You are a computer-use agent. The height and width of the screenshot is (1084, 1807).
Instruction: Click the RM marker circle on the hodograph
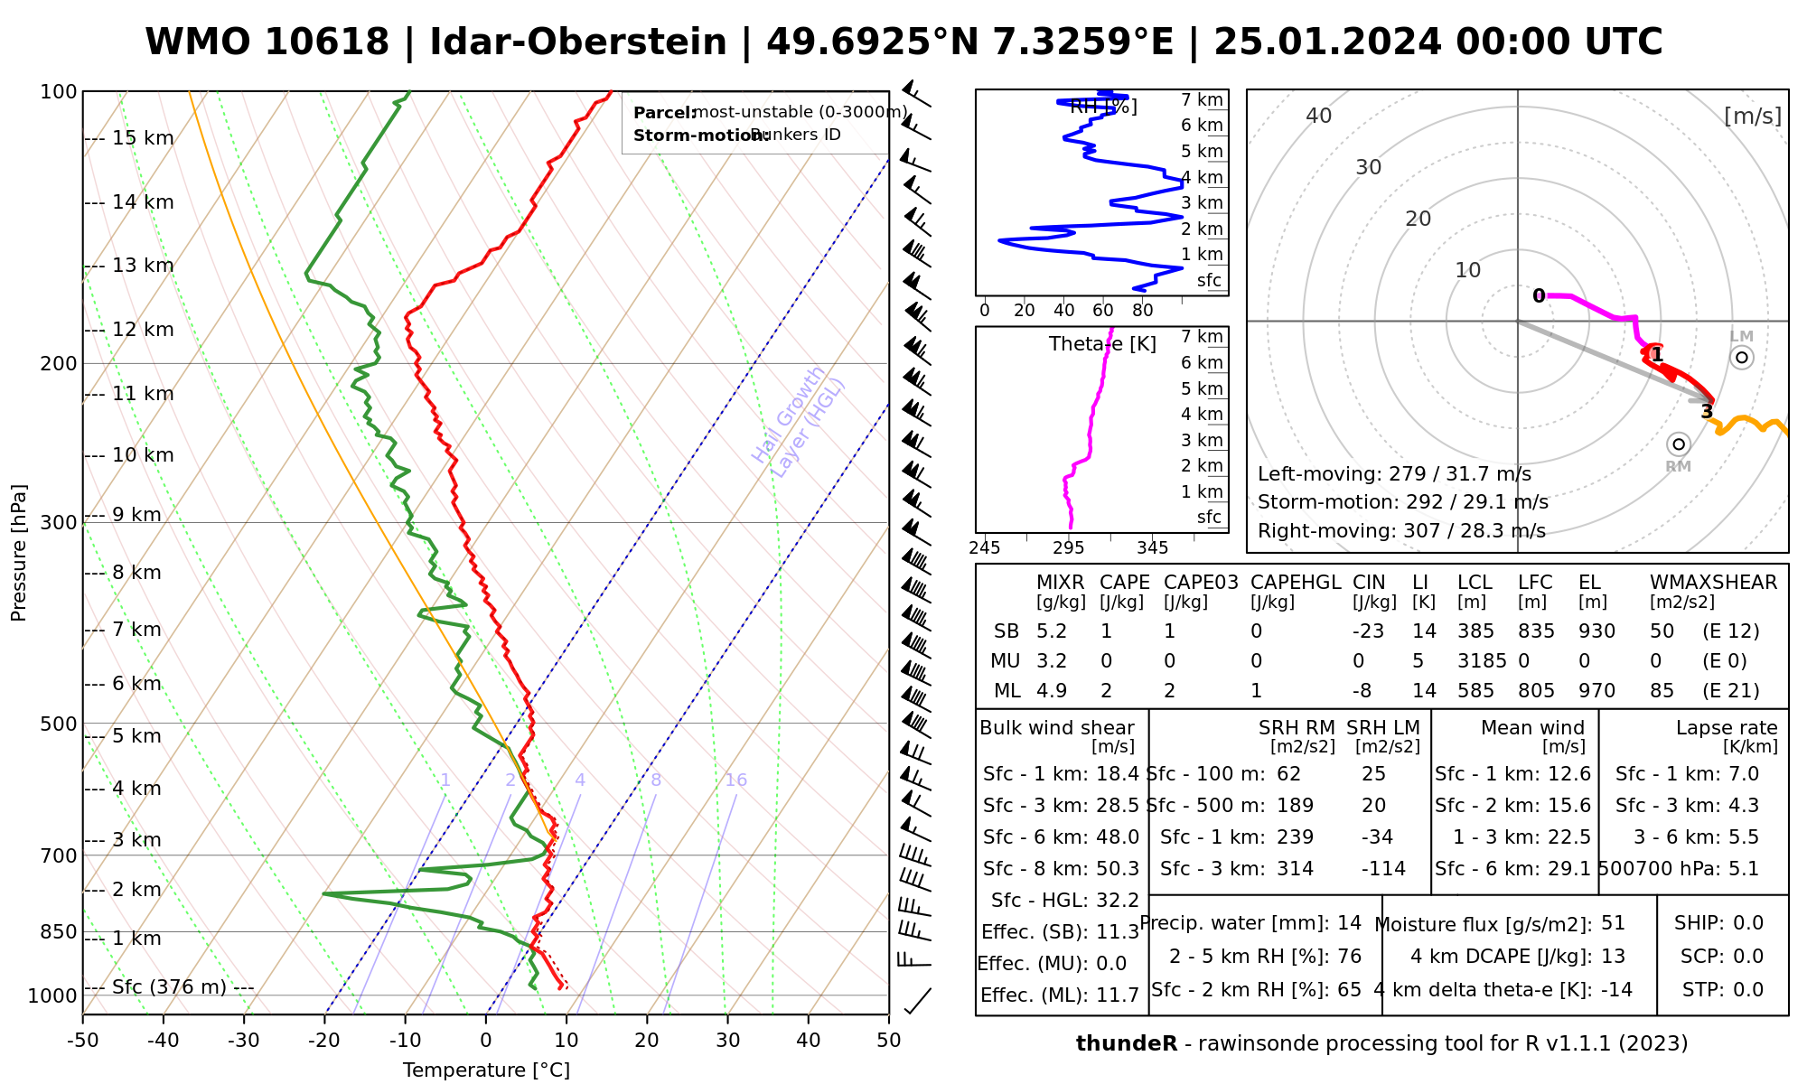pyautogui.click(x=1679, y=444)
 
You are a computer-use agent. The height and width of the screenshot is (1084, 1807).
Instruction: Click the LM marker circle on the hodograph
pyautogui.click(x=1742, y=358)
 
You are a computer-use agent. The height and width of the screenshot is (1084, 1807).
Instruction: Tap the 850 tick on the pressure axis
pyautogui.click(x=59, y=931)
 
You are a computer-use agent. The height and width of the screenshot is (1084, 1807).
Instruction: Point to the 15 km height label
pyautogui.click(x=143, y=138)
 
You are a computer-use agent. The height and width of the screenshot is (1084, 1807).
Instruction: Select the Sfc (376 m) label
pyautogui.click(x=169, y=986)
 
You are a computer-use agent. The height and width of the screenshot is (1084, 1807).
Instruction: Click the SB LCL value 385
pyautogui.click(x=1476, y=631)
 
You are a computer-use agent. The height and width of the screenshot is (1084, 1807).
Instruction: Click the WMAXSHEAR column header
pyautogui.click(x=1713, y=583)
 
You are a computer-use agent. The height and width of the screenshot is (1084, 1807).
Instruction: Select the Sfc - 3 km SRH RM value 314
pyautogui.click(x=1295, y=869)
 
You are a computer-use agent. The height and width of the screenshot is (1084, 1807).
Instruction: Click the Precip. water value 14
pyautogui.click(x=1349, y=923)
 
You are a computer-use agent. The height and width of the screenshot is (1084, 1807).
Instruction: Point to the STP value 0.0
pyautogui.click(x=1748, y=990)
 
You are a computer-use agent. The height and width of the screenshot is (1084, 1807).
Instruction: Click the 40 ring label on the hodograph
pyautogui.click(x=1319, y=116)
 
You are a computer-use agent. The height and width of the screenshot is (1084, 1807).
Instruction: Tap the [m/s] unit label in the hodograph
pyautogui.click(x=1753, y=117)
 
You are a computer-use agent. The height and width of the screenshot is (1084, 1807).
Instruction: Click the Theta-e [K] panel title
pyautogui.click(x=1102, y=344)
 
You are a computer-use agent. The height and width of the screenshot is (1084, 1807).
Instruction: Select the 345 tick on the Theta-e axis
pyautogui.click(x=1152, y=547)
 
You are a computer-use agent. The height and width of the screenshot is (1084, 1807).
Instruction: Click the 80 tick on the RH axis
pyautogui.click(x=1143, y=311)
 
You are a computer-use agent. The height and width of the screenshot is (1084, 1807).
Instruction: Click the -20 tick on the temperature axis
pyautogui.click(x=324, y=1041)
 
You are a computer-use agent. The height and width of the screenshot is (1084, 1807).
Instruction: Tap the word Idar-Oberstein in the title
pyautogui.click(x=578, y=42)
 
